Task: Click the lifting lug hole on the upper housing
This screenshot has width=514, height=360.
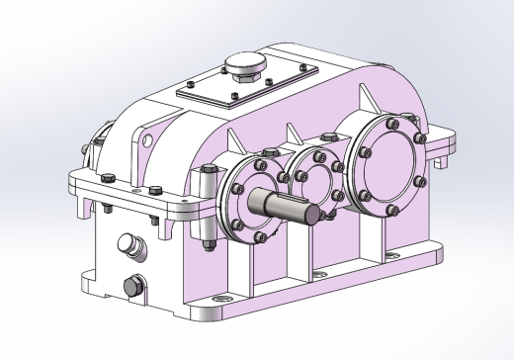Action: click(144, 136)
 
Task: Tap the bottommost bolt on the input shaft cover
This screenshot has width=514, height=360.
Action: click(260, 236)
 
